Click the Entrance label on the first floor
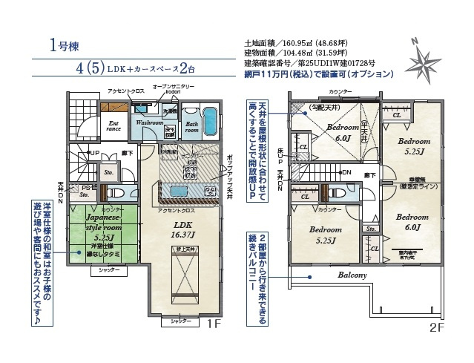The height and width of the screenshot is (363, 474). (114, 127)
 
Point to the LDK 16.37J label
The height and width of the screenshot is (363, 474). (184, 228)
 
